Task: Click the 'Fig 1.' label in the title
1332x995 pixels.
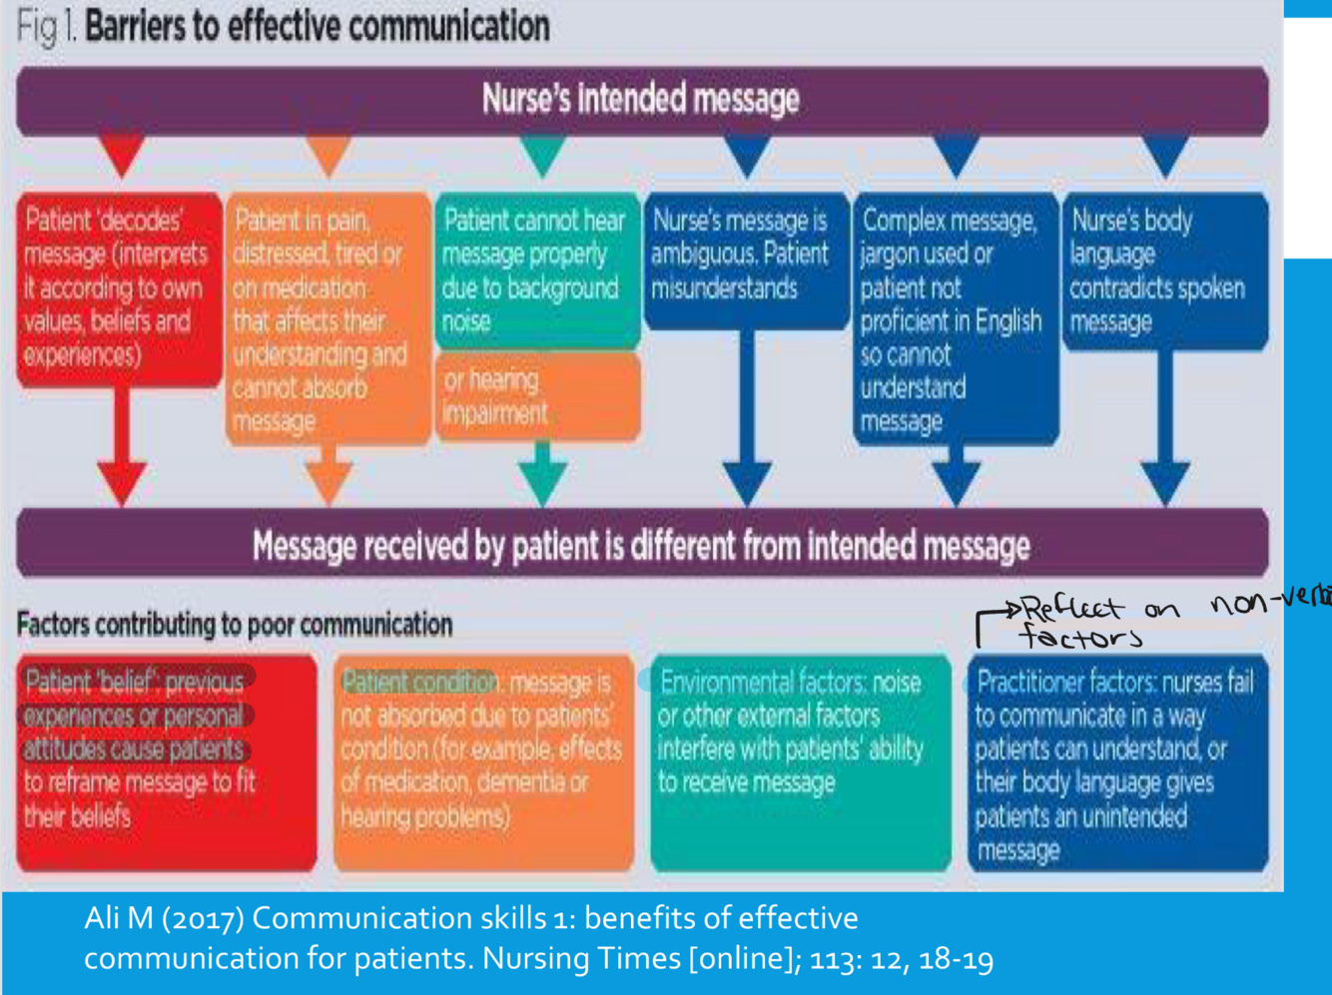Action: (46, 27)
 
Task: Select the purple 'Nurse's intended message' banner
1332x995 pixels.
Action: (641, 100)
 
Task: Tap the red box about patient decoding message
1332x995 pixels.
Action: (118, 287)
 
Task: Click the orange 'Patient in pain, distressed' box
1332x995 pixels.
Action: (328, 319)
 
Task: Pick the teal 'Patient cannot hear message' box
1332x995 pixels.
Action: (536, 269)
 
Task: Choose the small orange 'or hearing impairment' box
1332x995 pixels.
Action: (536, 397)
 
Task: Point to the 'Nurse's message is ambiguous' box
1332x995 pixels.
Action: (745, 257)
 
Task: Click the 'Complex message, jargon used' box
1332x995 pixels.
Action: (955, 319)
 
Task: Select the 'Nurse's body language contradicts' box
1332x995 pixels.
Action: (1164, 271)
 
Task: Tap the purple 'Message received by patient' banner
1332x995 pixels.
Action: (641, 546)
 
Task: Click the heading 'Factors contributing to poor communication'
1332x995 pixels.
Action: (235, 625)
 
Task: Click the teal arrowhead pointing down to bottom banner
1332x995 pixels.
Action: (542, 483)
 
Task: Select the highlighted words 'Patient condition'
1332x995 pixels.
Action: (419, 683)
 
